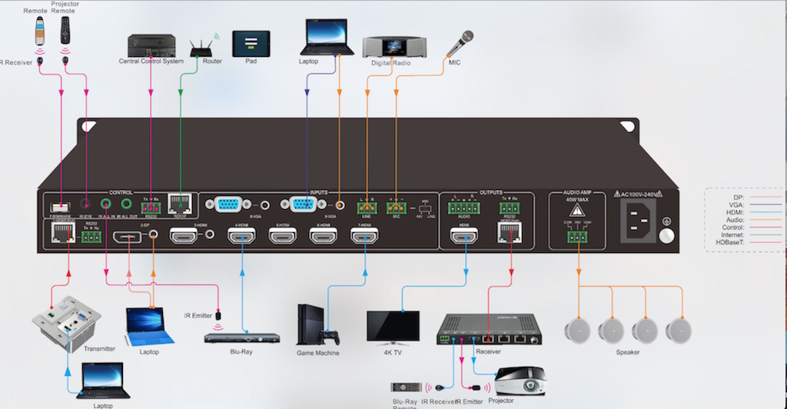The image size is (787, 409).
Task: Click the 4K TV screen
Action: [393, 325]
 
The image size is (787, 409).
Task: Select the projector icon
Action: [520, 381]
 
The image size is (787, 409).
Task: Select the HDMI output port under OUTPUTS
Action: [465, 236]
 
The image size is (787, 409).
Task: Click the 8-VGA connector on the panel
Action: [227, 205]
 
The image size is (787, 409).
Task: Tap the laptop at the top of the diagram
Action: [327, 37]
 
